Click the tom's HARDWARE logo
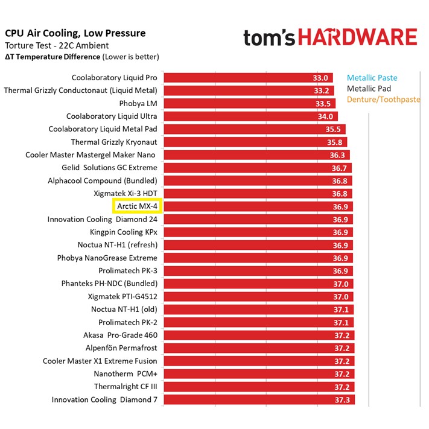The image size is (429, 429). pos(330,38)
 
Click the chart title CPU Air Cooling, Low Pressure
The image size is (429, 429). pos(75,33)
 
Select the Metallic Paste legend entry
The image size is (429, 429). pos(372,78)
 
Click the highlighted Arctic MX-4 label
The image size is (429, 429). pos(137,206)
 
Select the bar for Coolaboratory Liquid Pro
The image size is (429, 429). pos(241,78)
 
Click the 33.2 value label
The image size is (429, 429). pos(321,91)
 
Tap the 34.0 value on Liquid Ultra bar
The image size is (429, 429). pos(325,116)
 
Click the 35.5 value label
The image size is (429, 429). pos(333,129)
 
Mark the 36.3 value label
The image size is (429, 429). pos(337,155)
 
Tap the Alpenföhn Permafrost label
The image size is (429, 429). pos(121,348)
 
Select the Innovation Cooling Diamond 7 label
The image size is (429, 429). pos(104,399)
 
